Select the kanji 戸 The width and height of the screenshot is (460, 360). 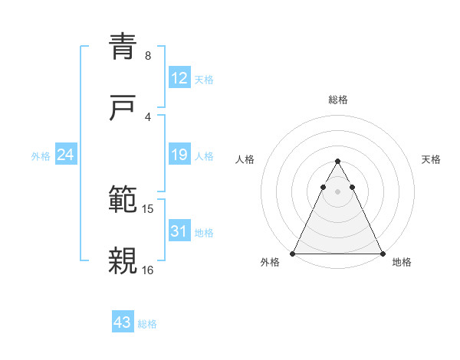click(x=123, y=108)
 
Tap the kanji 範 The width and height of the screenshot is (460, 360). click(x=123, y=200)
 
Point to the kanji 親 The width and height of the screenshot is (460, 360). click(x=123, y=260)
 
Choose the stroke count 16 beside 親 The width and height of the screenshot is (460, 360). click(x=148, y=270)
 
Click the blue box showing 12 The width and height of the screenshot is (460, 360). click(x=179, y=78)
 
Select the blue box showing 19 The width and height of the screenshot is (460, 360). click(x=179, y=155)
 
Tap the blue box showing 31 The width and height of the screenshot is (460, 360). click(x=179, y=231)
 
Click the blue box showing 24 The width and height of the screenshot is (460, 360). click(x=65, y=155)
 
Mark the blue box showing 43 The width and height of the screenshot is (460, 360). click(x=122, y=322)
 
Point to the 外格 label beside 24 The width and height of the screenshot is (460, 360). click(x=41, y=156)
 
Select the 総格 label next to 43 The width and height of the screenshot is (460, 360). click(x=147, y=324)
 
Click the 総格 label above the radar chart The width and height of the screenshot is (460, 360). click(x=337, y=100)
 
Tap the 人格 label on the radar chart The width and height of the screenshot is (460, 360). click(x=245, y=159)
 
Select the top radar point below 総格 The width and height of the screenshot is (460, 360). click(x=337, y=162)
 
